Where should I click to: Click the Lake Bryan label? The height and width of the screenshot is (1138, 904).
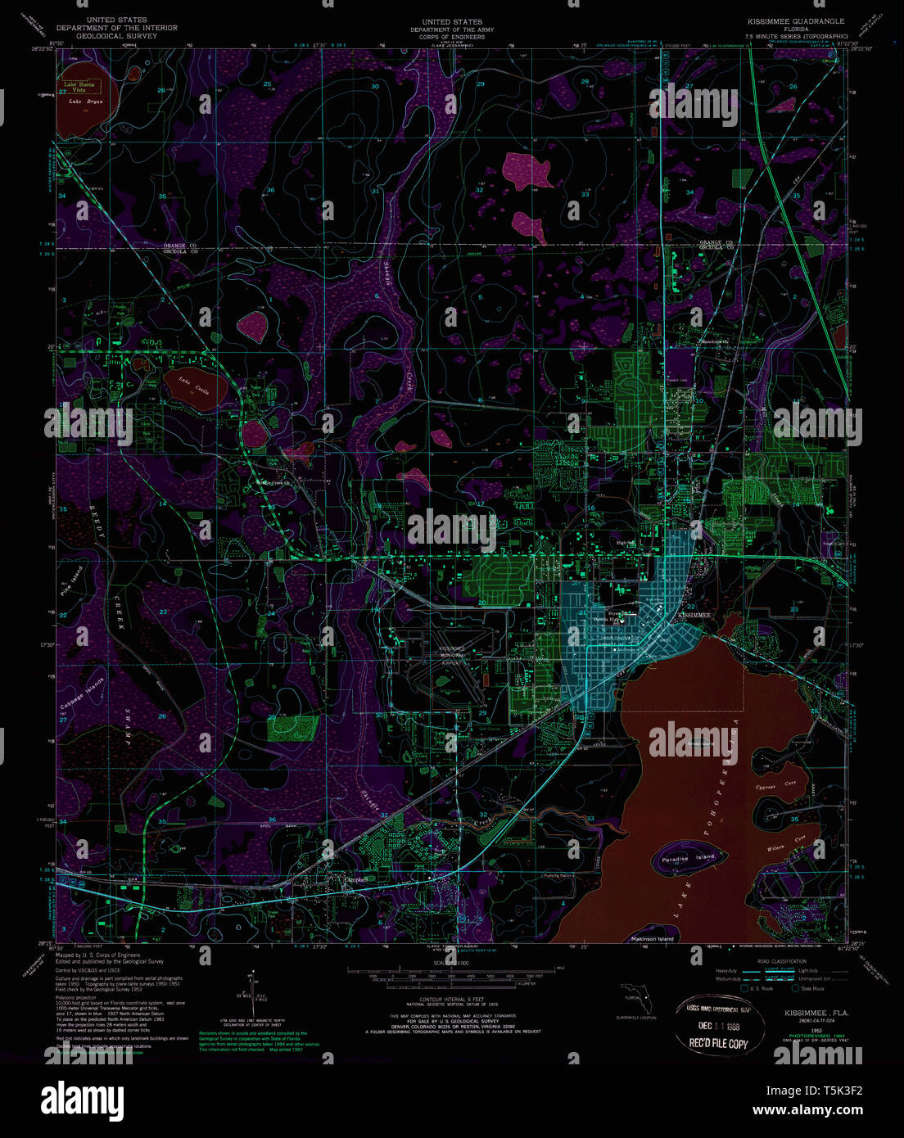80,102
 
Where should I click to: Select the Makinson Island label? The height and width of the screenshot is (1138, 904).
653,938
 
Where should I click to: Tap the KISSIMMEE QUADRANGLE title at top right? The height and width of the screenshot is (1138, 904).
795,20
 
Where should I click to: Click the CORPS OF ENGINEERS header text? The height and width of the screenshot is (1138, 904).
452,37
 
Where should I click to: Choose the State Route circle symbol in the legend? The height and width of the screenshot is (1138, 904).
793,988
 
